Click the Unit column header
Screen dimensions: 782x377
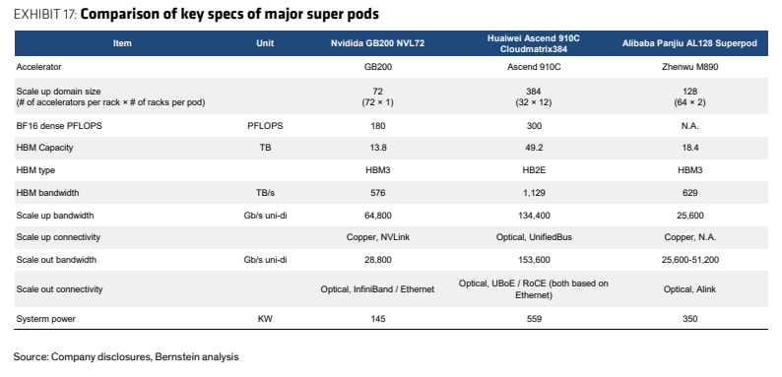coord(265,43)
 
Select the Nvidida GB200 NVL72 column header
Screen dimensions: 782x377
coord(377,43)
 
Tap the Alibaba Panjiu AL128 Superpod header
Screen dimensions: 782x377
coord(689,43)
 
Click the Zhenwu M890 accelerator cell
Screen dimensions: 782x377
coord(689,66)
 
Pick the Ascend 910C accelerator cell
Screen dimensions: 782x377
coord(534,66)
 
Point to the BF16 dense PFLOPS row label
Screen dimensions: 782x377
coord(59,126)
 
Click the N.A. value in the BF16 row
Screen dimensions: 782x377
coord(689,126)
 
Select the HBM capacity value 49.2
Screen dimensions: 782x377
coord(534,148)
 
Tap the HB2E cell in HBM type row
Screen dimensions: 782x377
coord(534,170)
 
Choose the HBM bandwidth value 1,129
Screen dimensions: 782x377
coord(534,193)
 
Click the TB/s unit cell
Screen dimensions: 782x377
coord(265,193)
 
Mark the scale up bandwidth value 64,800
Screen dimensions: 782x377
coord(377,216)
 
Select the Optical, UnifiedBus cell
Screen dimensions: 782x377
coord(534,237)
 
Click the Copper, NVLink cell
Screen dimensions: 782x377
coord(377,237)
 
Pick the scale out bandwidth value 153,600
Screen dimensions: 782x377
coord(534,259)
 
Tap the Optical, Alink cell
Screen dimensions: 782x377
coord(689,289)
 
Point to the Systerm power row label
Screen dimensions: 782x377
coord(46,319)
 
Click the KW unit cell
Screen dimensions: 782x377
coord(265,319)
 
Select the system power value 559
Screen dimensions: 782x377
coord(534,319)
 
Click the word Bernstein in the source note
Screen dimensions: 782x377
coord(173,357)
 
